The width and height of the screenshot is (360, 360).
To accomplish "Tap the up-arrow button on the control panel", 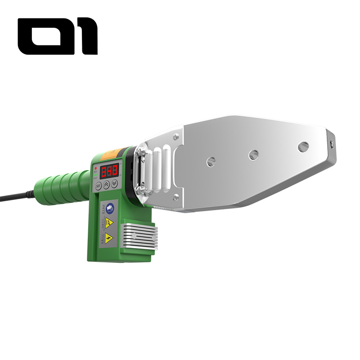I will pyautogui.click(x=106, y=184).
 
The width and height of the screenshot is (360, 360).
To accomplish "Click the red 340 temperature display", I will pyautogui.click(x=109, y=171).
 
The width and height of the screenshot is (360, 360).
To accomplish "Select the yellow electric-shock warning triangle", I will pyautogui.click(x=109, y=237).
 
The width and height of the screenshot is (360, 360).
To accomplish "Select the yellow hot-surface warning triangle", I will pyautogui.click(x=109, y=222).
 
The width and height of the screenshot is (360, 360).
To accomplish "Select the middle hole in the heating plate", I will pyautogui.click(x=254, y=154).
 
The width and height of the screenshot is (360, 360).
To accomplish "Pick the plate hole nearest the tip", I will pyautogui.click(x=303, y=147).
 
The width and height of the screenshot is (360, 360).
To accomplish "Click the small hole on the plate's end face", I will pyautogui.click(x=332, y=144).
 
